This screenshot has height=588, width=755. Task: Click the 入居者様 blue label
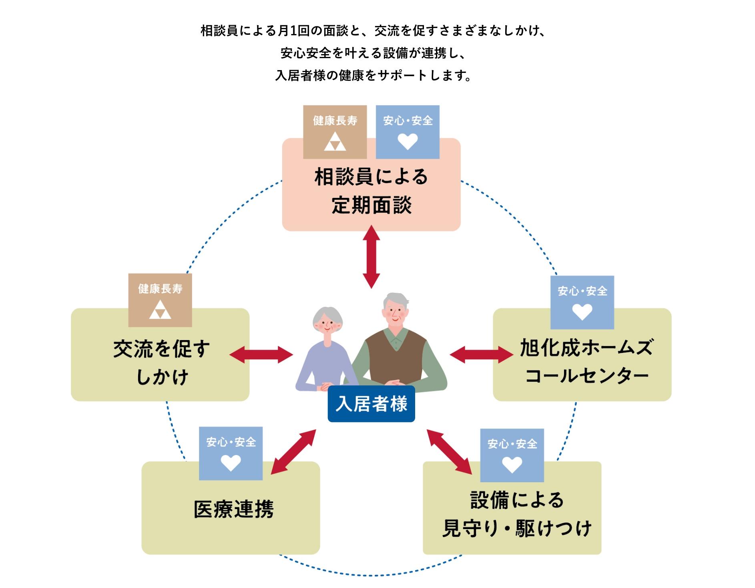[371, 404]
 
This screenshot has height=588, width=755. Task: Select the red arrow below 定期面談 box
[371, 257]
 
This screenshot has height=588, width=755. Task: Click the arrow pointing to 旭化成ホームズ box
[481, 354]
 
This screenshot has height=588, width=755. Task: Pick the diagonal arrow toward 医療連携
[293, 452]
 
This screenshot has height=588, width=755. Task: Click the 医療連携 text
[233, 509]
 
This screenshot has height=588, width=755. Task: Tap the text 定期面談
[371, 205]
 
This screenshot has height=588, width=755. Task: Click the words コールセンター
[586, 376]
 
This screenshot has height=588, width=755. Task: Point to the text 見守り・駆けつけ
[516, 528]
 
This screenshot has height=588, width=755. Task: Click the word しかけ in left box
[162, 377]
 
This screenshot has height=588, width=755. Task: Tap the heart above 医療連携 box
[231, 463]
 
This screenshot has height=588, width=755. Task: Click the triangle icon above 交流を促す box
[160, 310]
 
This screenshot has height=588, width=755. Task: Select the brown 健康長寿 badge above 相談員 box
[335, 132]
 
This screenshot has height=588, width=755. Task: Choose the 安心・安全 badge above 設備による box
[512, 455]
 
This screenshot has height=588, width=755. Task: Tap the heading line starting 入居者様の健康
[373, 75]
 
